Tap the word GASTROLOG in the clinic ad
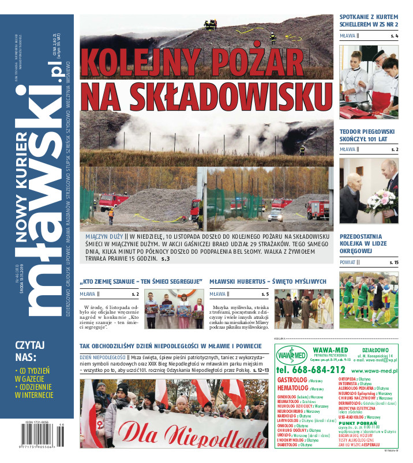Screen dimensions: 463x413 point(292,381)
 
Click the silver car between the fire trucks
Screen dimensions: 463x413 point(275,215)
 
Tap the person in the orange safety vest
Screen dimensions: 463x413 point(111,216)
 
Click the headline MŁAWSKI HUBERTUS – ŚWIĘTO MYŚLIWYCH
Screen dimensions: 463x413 point(268,281)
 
